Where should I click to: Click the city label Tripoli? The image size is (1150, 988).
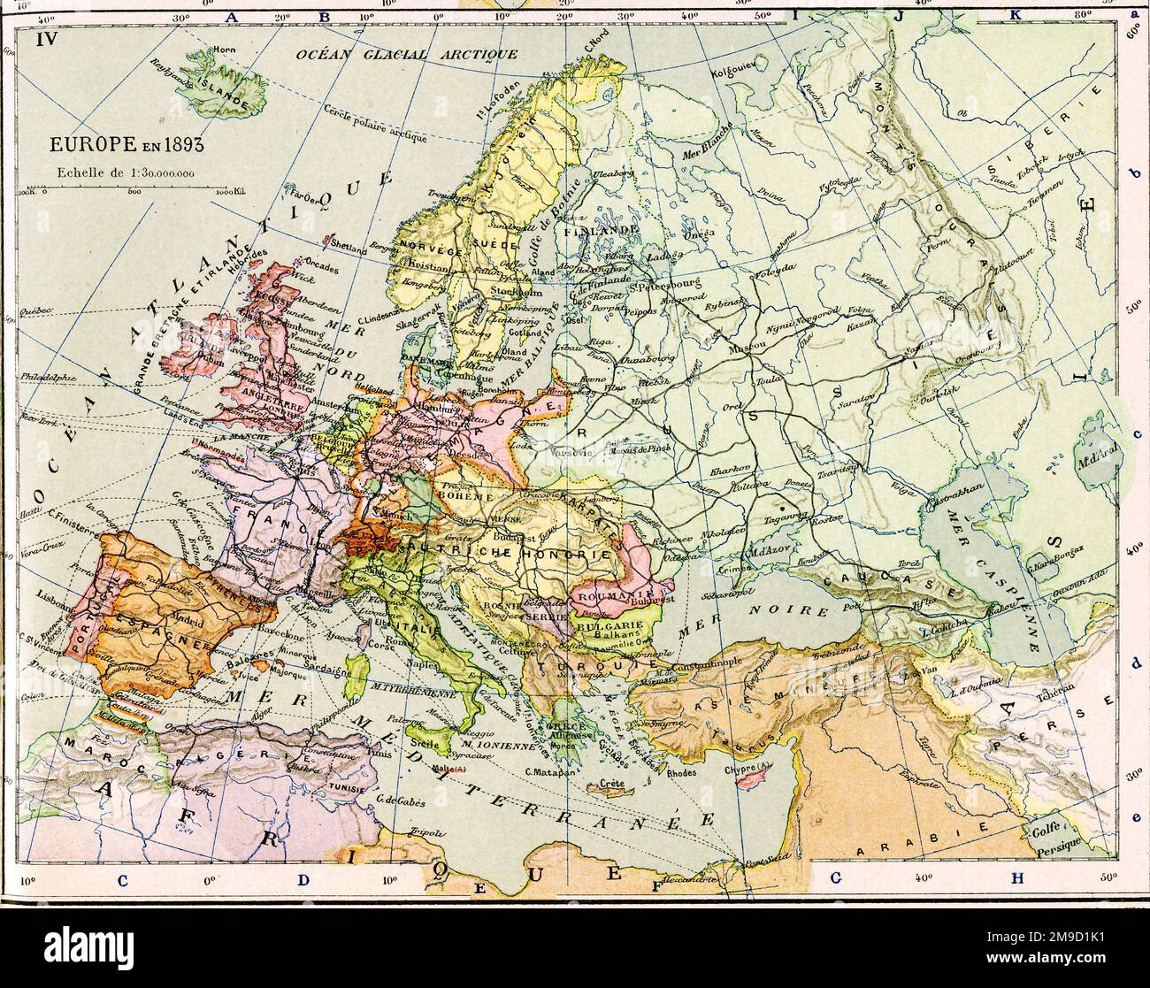coord(427,832)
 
